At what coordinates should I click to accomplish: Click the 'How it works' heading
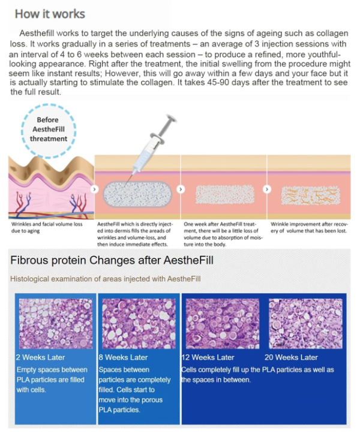pyautogui.click(x=50, y=14)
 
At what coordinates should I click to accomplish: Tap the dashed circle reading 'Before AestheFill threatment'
pyautogui.click(x=49, y=106)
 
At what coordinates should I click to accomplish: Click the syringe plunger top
pyautogui.click(x=170, y=118)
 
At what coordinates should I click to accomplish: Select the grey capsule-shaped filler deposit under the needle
pyautogui.click(x=137, y=194)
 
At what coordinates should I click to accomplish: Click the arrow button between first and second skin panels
pyautogui.click(x=95, y=189)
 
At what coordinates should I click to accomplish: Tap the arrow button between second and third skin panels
pyautogui.click(x=181, y=189)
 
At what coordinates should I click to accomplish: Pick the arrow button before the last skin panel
pyautogui.click(x=267, y=189)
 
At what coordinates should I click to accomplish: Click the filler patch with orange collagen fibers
pyautogui.click(x=311, y=195)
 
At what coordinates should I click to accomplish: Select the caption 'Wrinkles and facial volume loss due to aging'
pyautogui.click(x=47, y=227)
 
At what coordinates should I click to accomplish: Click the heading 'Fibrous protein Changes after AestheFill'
pyautogui.click(x=112, y=260)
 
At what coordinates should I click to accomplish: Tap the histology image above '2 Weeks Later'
pyautogui.click(x=55, y=323)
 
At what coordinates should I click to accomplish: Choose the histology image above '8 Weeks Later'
pyautogui.click(x=139, y=323)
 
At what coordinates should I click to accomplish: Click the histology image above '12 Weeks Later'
pyautogui.click(x=222, y=323)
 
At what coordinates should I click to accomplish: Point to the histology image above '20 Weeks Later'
pyautogui.click(x=305, y=323)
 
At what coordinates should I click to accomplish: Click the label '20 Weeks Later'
pyautogui.click(x=291, y=357)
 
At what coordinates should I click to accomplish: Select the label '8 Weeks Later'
pyautogui.click(x=123, y=357)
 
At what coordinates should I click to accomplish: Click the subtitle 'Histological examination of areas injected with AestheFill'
pyautogui.click(x=106, y=279)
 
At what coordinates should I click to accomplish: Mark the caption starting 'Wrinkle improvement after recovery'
pyautogui.click(x=309, y=227)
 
